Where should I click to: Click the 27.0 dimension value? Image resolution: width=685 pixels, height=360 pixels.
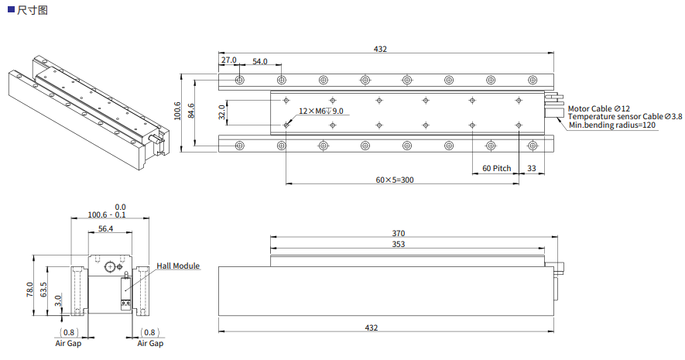coord(229,60)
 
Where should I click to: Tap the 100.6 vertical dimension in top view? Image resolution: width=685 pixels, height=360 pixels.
coord(177,111)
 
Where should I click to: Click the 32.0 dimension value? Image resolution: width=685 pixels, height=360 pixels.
coord(221,112)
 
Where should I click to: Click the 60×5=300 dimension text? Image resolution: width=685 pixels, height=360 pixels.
coord(395,180)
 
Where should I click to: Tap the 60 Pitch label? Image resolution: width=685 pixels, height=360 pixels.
coord(496,168)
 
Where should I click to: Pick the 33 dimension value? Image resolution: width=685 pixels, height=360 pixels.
coord(532,168)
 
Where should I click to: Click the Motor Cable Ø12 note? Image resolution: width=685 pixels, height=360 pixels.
coord(598,108)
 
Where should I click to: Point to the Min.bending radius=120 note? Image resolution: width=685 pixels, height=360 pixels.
coord(612,125)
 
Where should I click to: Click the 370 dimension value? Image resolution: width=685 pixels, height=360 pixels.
coord(398,233)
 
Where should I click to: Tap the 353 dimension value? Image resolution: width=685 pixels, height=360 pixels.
coord(398,244)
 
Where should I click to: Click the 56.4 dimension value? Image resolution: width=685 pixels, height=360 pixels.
coord(105,228)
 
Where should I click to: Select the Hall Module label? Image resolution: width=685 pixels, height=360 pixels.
coord(178,266)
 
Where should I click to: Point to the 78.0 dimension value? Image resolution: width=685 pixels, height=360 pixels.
coord(30,290)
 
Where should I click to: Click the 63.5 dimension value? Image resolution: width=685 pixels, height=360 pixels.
coord(44,291)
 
